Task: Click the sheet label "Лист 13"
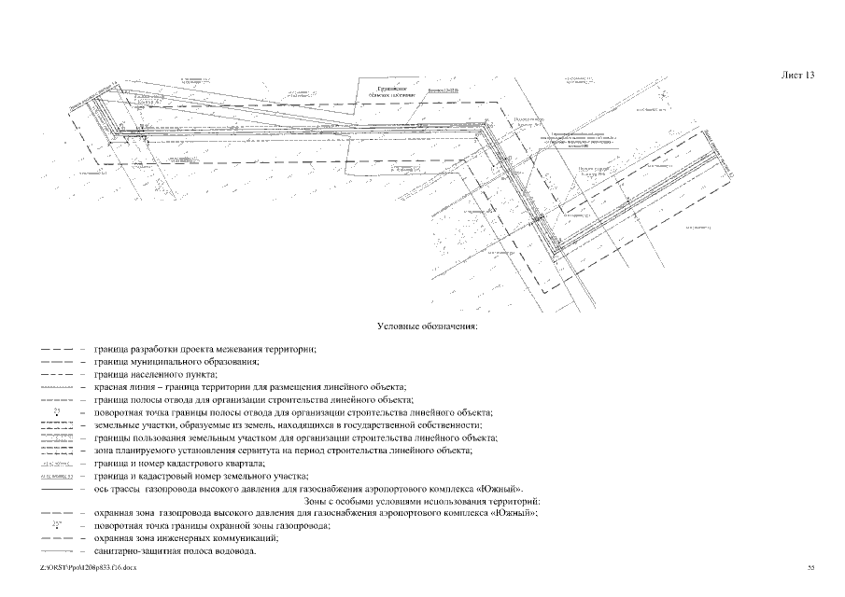(x=796, y=76)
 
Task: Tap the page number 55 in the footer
(x=810, y=566)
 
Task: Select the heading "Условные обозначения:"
(x=427, y=326)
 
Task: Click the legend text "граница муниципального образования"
(x=176, y=360)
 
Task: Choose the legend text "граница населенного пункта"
(x=155, y=373)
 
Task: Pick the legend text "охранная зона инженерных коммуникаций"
(x=187, y=538)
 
